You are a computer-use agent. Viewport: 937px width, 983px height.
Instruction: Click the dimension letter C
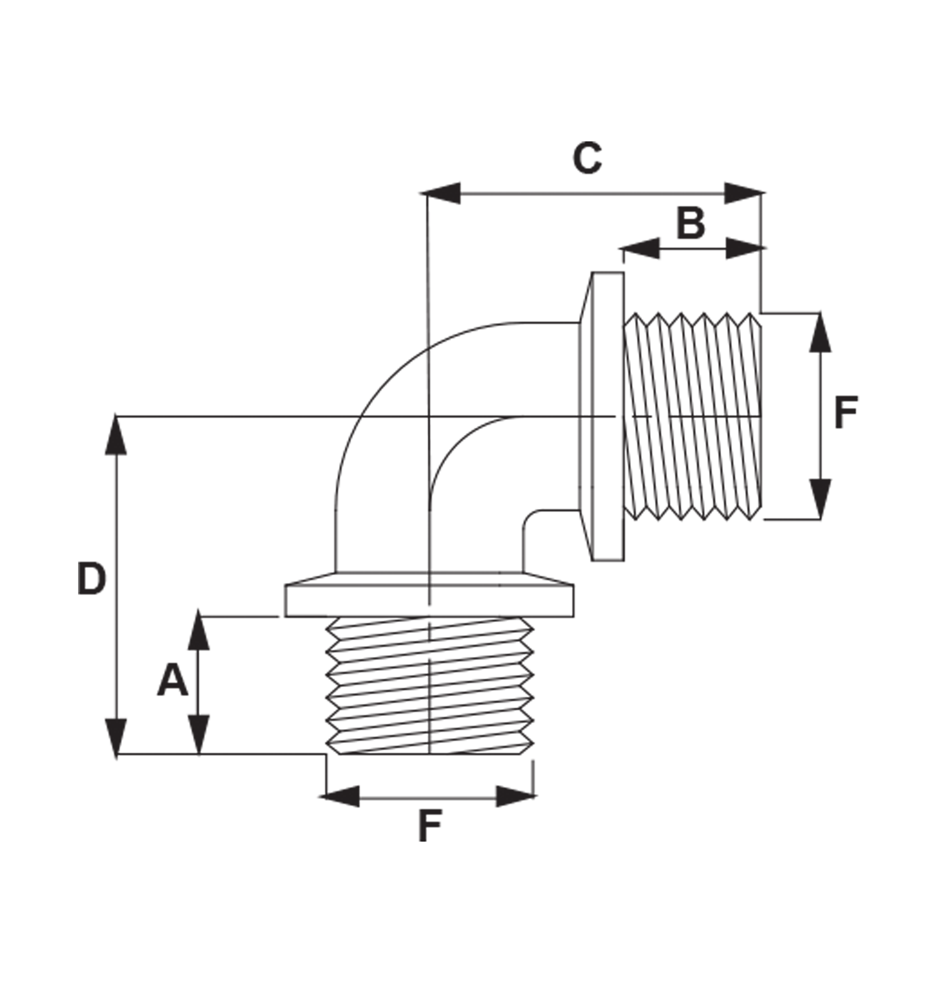coord(587,159)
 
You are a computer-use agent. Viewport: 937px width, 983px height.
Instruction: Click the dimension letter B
coord(691,223)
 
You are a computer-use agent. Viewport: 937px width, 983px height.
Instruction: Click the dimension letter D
coord(91,579)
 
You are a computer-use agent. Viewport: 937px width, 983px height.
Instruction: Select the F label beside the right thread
coord(846,413)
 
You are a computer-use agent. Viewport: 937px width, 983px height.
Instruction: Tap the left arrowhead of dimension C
coord(442,193)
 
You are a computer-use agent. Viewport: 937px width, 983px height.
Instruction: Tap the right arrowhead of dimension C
coord(744,193)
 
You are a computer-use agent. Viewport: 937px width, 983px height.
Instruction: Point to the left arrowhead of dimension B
coord(640,248)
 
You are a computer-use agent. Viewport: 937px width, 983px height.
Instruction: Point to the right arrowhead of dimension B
coord(745,248)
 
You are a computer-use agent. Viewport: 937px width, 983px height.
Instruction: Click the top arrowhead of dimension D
coord(116,435)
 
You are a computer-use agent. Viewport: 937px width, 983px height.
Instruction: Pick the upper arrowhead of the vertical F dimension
coord(820,332)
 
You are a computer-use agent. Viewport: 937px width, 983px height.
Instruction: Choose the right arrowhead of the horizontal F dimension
coord(515,796)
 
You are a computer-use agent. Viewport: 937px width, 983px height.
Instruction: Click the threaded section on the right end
coord(693,416)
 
